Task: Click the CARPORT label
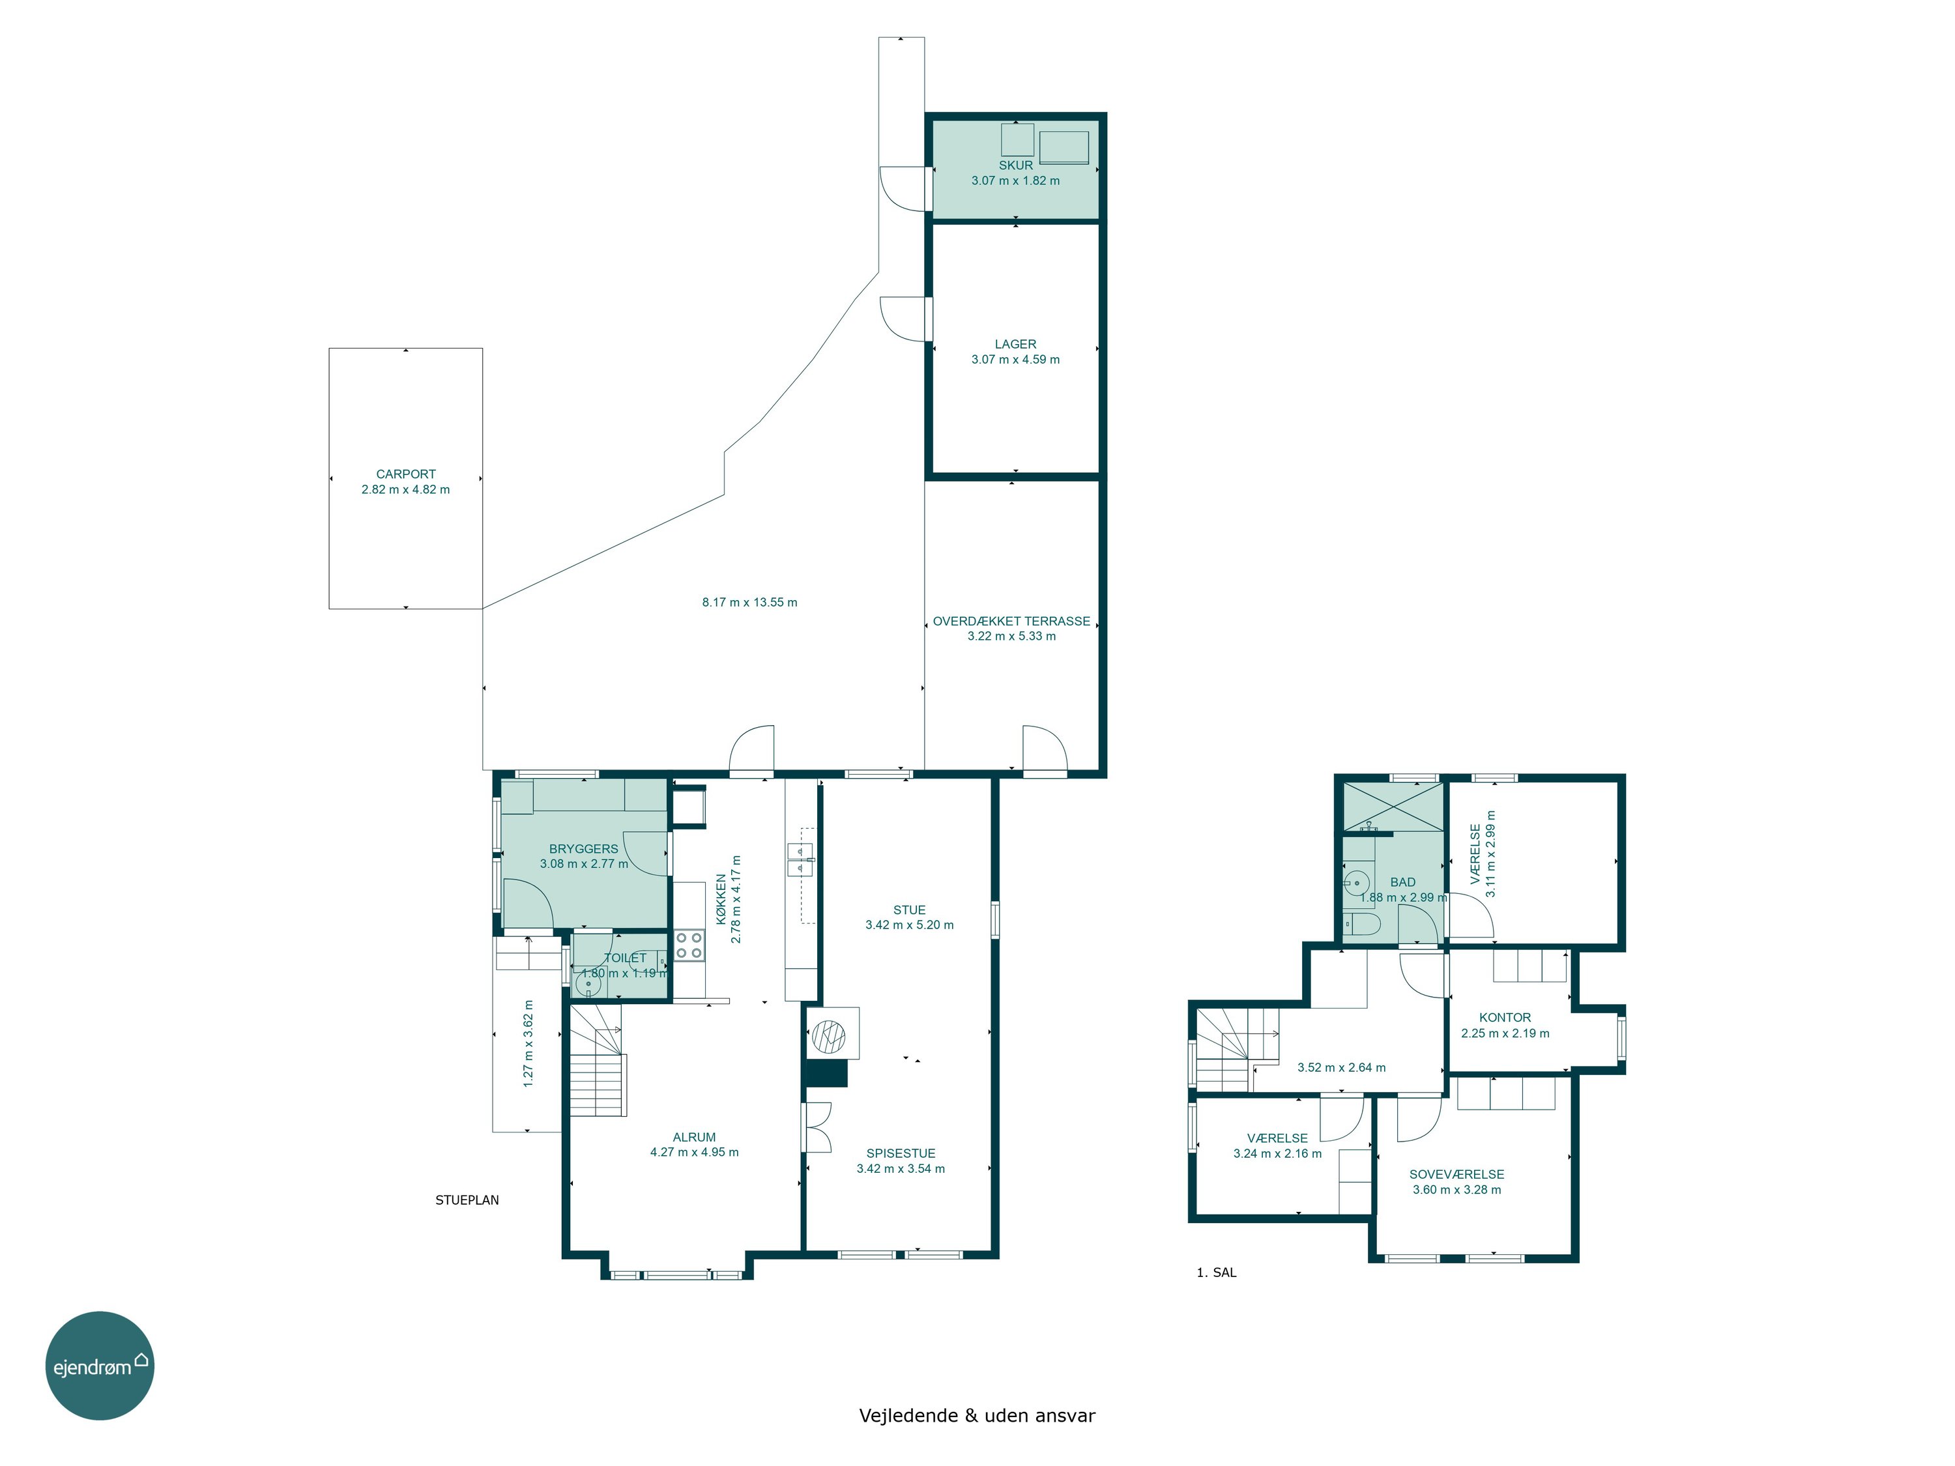tap(406, 474)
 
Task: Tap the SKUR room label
tap(1015, 165)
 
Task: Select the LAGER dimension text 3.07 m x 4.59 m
tap(1015, 360)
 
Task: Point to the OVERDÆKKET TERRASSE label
tap(1011, 621)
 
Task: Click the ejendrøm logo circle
tap(100, 1365)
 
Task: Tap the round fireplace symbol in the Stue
tap(829, 1036)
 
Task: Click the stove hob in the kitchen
tap(689, 945)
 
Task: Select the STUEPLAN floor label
tap(467, 1200)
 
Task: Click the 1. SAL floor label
tap(1216, 1272)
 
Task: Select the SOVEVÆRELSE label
tap(1456, 1174)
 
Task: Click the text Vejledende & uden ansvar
tap(977, 1416)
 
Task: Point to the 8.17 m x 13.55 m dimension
tap(749, 603)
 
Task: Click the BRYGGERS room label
tap(583, 849)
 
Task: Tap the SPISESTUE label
tap(901, 1153)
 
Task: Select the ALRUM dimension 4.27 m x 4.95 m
tap(695, 1153)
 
